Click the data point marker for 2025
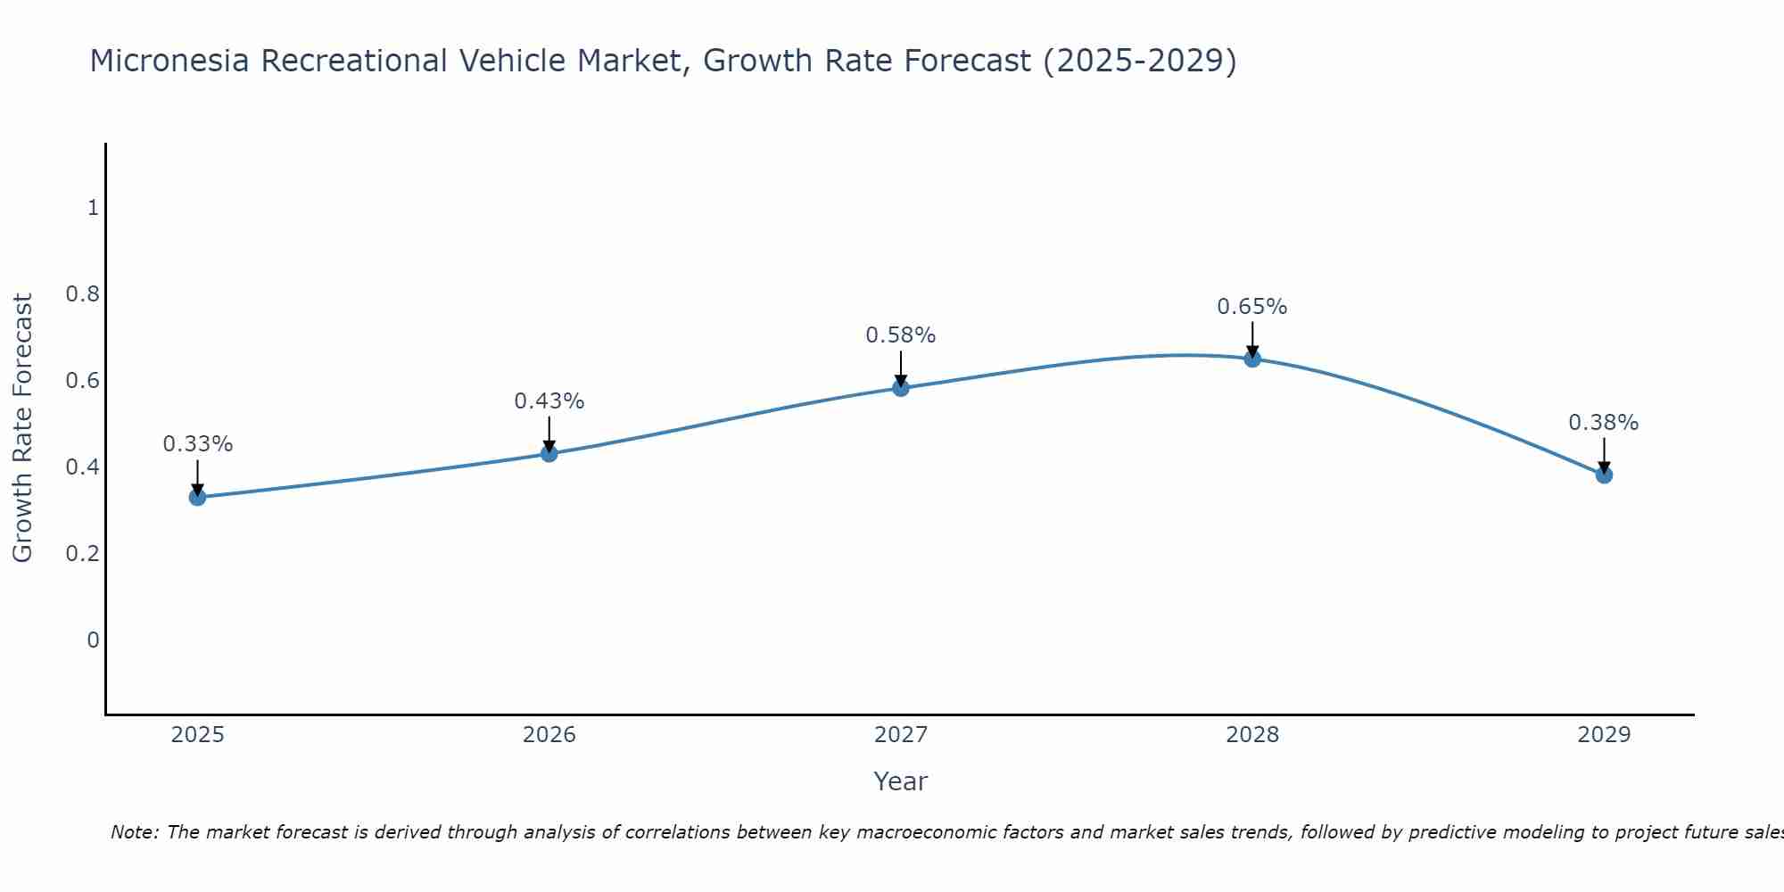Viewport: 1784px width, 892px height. coord(198,497)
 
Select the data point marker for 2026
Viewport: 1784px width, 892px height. coord(549,453)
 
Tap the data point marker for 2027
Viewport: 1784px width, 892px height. coord(901,387)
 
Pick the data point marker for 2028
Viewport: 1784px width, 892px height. coord(1252,359)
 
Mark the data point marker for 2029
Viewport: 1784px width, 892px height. coord(1604,475)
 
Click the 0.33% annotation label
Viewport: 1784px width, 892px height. coord(198,443)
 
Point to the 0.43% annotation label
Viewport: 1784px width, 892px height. coord(549,401)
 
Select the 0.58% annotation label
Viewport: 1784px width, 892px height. coord(901,335)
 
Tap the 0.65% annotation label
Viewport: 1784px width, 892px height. coord(1252,307)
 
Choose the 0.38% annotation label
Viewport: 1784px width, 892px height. coord(1604,423)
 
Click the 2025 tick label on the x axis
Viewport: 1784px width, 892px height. coord(198,735)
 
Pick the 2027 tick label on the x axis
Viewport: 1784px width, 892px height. coord(901,735)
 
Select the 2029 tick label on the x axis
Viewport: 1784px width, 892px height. coord(1604,735)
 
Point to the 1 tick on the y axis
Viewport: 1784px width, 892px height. coord(93,208)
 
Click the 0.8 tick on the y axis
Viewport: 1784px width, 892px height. coord(82,293)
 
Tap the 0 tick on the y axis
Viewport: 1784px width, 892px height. coord(93,640)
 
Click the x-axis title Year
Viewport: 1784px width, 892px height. coord(901,781)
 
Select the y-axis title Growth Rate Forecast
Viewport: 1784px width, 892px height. coord(22,428)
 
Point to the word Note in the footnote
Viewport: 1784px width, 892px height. coord(134,832)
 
